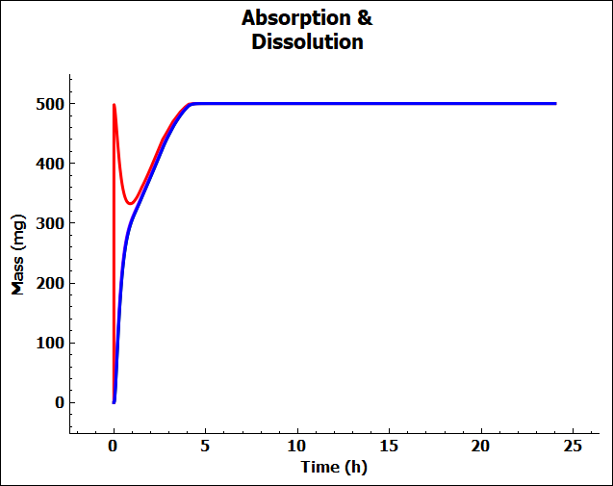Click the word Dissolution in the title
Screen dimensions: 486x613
point(307,42)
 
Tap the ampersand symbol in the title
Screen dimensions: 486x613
point(364,18)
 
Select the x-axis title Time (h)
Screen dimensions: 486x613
point(334,468)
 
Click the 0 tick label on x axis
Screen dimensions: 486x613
point(114,448)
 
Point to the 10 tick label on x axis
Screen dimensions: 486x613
point(297,448)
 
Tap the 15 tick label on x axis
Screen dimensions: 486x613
point(390,448)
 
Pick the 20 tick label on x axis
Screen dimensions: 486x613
point(481,448)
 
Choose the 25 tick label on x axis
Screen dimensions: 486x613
point(574,448)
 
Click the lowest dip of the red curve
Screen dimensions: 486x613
point(132,203)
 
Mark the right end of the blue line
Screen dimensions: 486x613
point(555,103)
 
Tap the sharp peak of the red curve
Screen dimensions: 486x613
point(115,105)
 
